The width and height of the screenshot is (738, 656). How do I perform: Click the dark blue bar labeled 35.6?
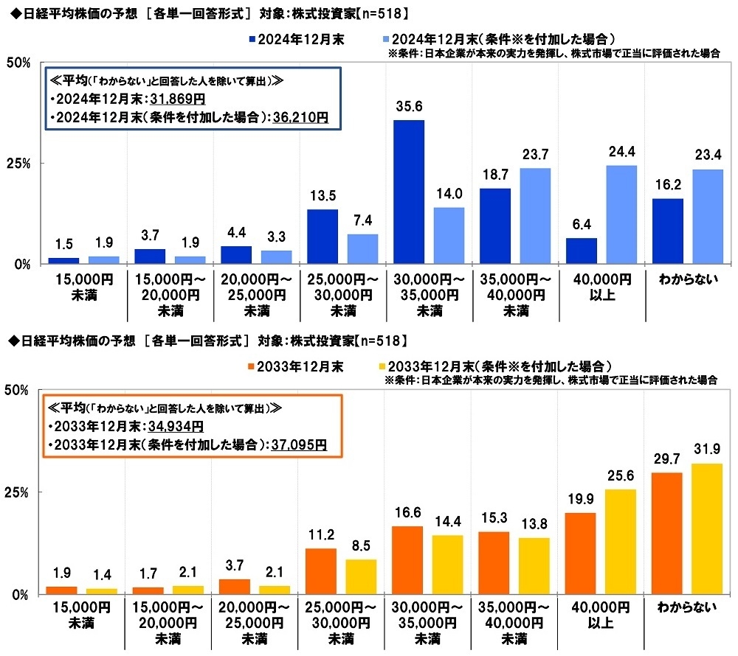[x=409, y=192]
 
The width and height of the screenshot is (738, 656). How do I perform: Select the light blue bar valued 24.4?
[x=621, y=214]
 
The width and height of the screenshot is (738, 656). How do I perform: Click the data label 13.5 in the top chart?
[x=322, y=198]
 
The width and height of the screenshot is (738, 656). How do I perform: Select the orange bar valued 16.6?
[x=408, y=559]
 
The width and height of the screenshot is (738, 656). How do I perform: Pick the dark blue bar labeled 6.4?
[x=582, y=251]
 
